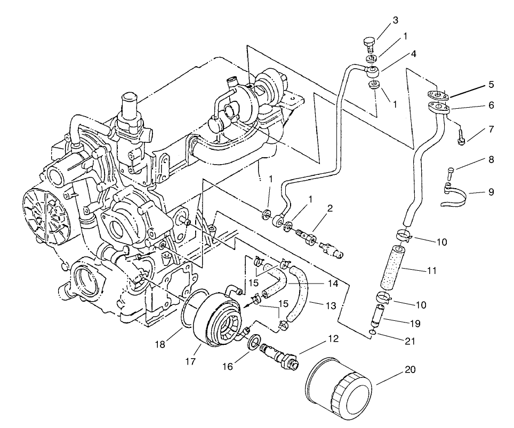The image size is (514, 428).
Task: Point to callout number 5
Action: (x=491, y=85)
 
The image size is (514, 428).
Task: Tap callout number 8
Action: (x=491, y=159)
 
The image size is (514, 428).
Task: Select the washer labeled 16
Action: (x=254, y=342)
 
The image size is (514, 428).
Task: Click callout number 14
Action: (x=333, y=284)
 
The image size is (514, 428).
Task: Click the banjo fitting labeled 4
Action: (x=372, y=70)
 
